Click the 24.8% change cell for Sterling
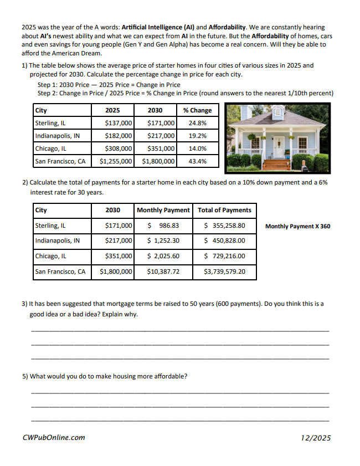197,123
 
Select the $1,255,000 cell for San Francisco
116,161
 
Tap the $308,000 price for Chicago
119,148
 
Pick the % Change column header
197,110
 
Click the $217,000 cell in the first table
161,136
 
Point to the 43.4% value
197,161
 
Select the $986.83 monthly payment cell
163,226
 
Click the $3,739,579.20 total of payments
224,272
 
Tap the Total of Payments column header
224,210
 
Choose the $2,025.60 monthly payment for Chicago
163,256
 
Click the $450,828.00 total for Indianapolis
224,240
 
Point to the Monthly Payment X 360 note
297,226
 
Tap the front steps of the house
276,164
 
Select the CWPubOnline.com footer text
54,437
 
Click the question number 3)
25,304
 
